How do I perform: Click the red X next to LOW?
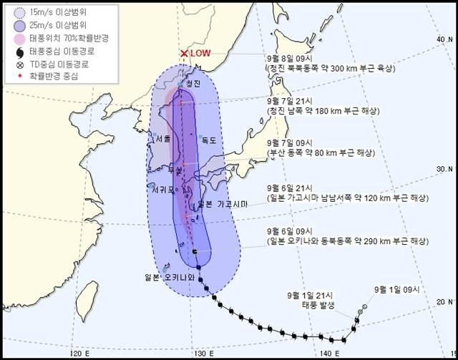(184, 54)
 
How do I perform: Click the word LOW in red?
(202, 54)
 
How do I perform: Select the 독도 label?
(208, 141)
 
